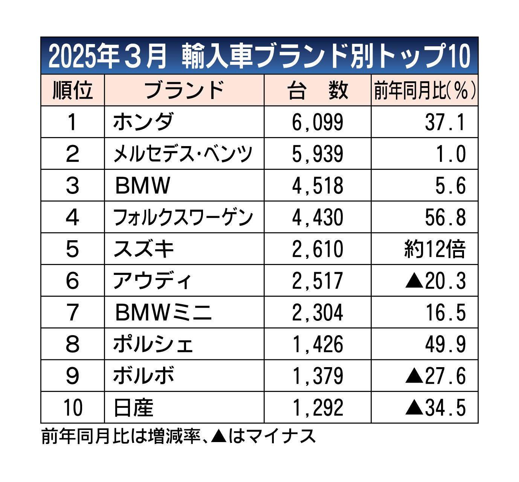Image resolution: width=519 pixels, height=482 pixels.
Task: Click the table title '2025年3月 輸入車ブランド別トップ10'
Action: click(x=259, y=56)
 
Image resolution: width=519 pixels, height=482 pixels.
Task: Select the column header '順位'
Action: click(x=72, y=90)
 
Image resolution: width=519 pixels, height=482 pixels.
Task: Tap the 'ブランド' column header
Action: click(x=184, y=90)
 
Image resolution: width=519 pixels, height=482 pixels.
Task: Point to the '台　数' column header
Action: click(x=318, y=90)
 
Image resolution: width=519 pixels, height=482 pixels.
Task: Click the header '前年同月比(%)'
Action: click(x=424, y=90)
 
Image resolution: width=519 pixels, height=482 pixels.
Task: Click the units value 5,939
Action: click(x=318, y=154)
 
